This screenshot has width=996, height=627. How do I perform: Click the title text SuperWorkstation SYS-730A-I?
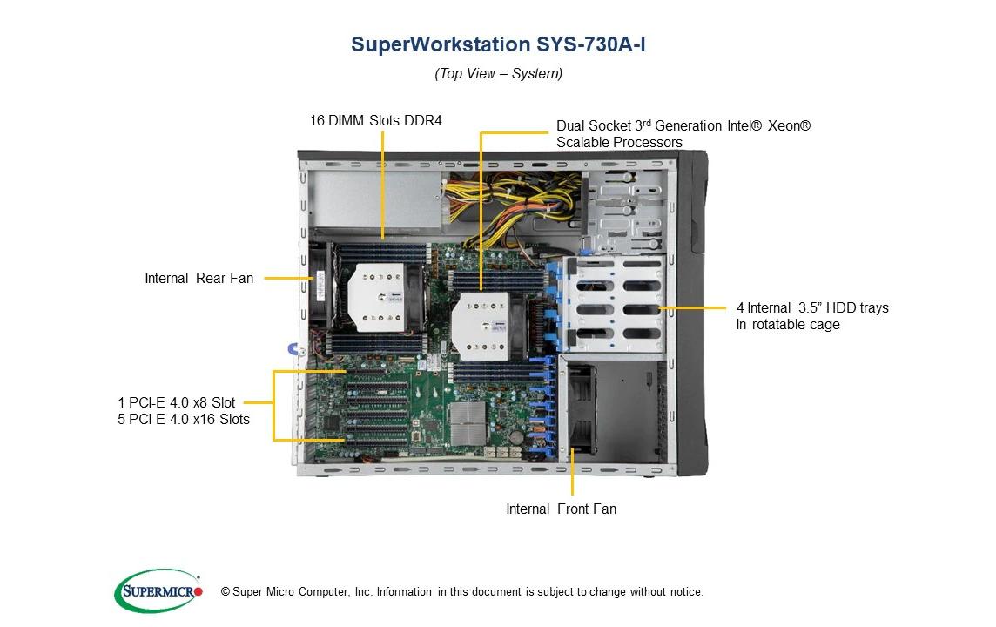(x=498, y=44)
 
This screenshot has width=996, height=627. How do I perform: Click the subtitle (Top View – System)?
(x=498, y=73)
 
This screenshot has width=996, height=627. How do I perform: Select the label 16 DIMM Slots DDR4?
(x=375, y=120)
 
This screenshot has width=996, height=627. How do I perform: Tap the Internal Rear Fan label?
(x=199, y=278)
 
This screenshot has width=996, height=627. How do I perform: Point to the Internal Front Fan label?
(x=561, y=509)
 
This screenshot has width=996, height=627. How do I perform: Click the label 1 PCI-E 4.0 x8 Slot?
(x=177, y=402)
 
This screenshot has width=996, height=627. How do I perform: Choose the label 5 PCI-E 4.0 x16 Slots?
(x=184, y=419)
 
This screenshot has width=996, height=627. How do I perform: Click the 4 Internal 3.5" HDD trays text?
(x=812, y=307)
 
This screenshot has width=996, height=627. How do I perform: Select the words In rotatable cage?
(x=788, y=324)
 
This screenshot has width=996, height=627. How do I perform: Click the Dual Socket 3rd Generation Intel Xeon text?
(x=683, y=125)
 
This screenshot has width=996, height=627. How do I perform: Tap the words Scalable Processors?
(x=619, y=142)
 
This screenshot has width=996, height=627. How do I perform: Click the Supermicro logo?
(x=158, y=591)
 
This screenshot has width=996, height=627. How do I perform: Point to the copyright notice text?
(x=462, y=591)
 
